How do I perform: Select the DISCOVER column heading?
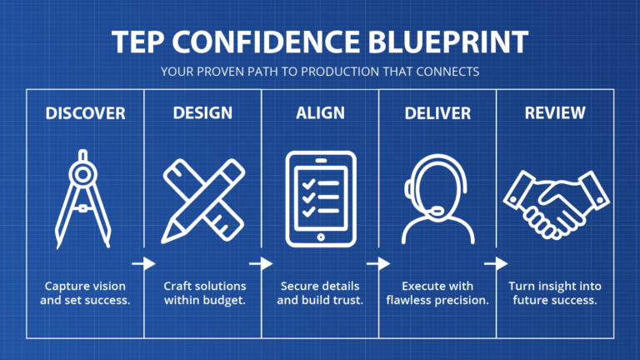click(x=85, y=112)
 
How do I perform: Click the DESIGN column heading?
click(x=202, y=112)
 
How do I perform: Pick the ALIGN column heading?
click(x=320, y=112)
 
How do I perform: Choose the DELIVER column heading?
click(x=437, y=112)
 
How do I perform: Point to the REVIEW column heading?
click(x=555, y=112)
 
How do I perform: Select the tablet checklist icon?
click(x=320, y=198)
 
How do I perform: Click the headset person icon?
click(x=437, y=198)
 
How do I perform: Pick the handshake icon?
click(x=555, y=200)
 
